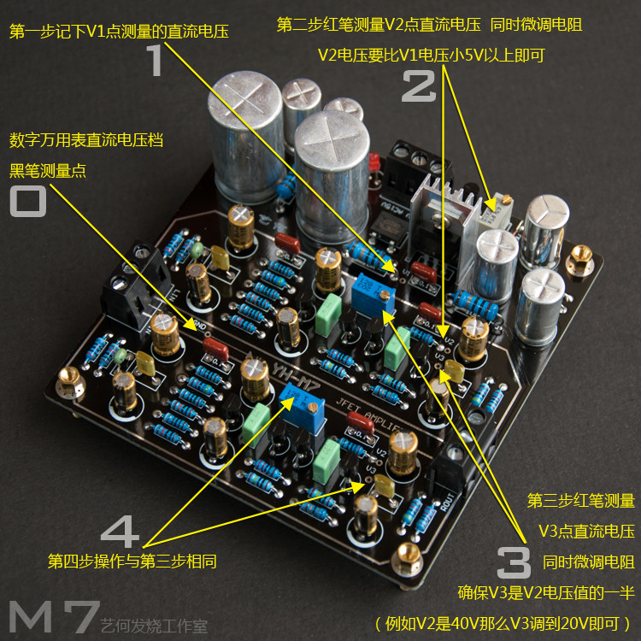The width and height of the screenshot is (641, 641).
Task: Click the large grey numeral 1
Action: (x=154, y=62)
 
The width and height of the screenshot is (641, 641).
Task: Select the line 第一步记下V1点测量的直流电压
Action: (x=120, y=32)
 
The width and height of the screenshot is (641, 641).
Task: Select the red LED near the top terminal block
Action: (x=373, y=162)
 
